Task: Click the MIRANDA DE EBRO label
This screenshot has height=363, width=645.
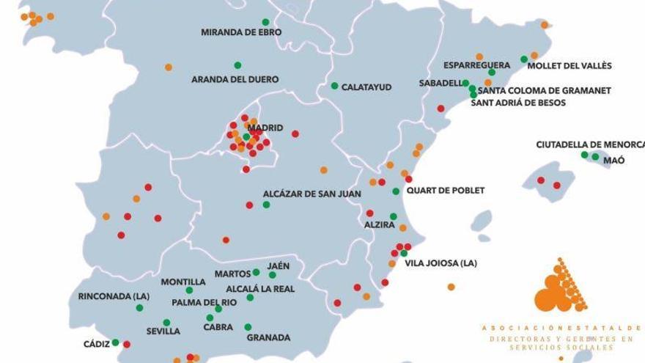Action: (241, 32)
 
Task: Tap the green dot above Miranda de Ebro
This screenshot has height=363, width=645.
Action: (265, 22)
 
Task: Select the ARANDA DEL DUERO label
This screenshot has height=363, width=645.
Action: (235, 79)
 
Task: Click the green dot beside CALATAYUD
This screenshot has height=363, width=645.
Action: (334, 86)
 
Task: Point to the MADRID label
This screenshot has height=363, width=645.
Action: (265, 128)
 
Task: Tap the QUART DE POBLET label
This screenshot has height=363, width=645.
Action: (446, 191)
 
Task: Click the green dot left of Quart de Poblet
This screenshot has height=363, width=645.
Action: (396, 191)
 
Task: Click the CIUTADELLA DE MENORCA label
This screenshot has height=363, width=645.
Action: (590, 144)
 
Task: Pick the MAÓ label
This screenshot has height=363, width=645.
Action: (614, 160)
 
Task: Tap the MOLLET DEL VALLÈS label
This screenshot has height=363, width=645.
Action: (570, 66)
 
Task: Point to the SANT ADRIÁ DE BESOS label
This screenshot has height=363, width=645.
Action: (518, 103)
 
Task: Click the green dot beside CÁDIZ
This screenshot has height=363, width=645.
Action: (115, 342)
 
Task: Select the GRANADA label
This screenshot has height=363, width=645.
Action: (268, 338)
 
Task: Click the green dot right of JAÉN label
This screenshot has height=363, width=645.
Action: (273, 275)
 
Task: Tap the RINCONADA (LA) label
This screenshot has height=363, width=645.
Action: (114, 297)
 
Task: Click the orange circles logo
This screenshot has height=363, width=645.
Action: (560, 287)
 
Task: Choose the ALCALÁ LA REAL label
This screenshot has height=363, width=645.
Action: (260, 289)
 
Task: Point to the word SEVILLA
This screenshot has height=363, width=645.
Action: (163, 331)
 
